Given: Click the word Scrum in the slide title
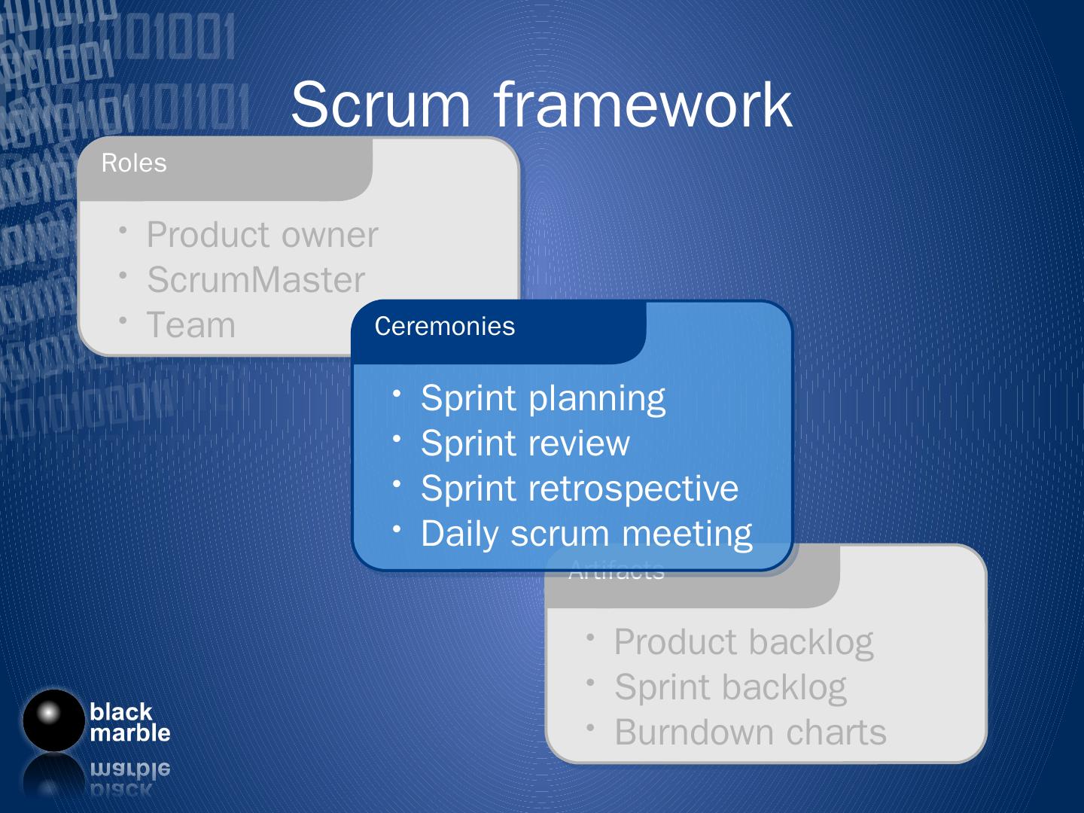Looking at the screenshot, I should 380,105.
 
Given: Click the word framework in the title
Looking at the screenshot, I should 643,105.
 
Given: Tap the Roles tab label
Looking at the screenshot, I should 134,163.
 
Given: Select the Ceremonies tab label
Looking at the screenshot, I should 445,327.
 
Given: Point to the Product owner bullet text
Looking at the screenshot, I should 262,235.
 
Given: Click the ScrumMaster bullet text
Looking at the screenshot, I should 256,280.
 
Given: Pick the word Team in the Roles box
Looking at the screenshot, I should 191,325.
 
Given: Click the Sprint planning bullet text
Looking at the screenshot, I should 543,398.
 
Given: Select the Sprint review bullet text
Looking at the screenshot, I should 525,443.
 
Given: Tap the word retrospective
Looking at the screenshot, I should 634,489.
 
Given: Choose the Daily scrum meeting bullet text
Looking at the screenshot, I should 586,534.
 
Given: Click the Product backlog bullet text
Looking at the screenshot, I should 744,642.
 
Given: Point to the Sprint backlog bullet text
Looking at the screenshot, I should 730,687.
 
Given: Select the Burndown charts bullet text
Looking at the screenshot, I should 751,732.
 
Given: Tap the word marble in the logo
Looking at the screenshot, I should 130,733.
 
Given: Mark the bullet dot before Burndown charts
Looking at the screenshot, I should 592,726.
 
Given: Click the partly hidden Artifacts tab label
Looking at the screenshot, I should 617,574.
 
